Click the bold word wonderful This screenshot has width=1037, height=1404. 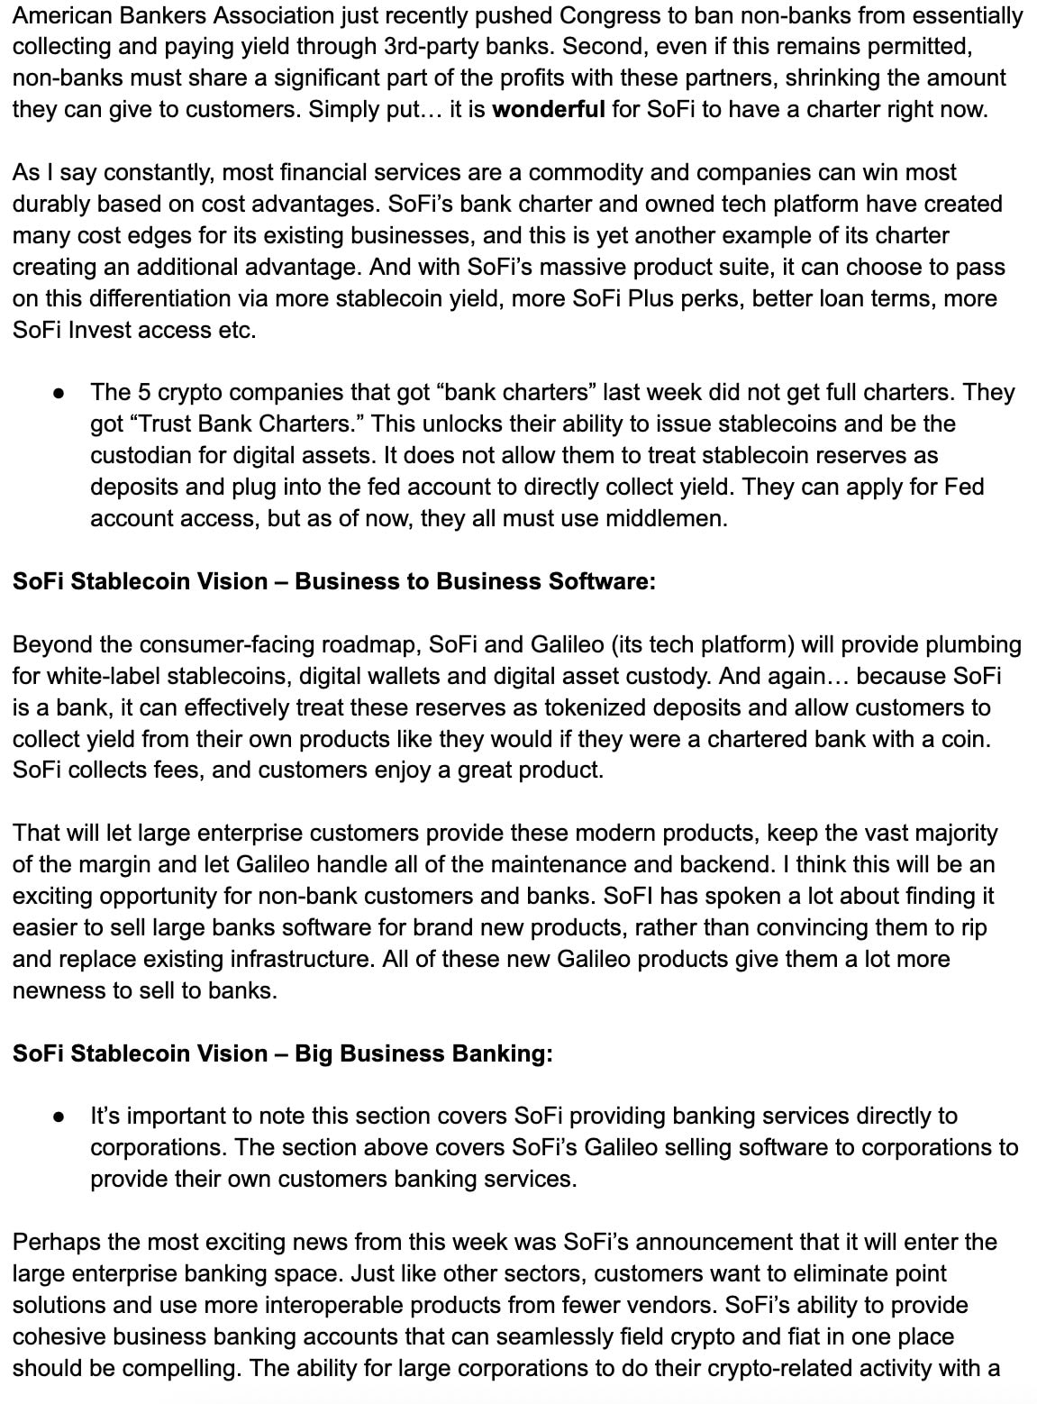tap(549, 110)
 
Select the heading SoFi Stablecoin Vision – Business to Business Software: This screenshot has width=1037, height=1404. tap(334, 581)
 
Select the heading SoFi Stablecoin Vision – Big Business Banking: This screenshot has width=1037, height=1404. tap(283, 1053)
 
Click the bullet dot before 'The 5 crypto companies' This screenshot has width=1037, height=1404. tap(59, 393)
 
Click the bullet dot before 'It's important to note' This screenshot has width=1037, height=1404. tap(59, 1117)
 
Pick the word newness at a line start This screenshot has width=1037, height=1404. tap(53, 990)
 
